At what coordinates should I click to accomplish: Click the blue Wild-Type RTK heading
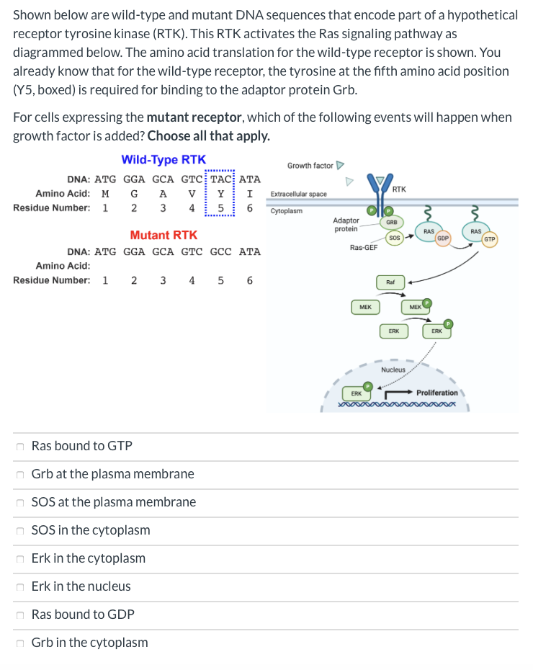point(164,160)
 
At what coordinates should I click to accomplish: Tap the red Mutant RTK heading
point(164,235)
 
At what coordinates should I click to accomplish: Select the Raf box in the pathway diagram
point(390,282)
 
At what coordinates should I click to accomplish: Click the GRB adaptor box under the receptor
point(393,223)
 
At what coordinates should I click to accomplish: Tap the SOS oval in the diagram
point(394,236)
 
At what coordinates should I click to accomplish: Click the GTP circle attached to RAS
point(489,238)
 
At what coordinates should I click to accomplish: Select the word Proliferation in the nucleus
point(436,393)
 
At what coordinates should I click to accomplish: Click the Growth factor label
point(310,166)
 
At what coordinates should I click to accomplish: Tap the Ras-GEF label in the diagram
point(364,247)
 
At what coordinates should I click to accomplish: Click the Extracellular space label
point(298,194)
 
